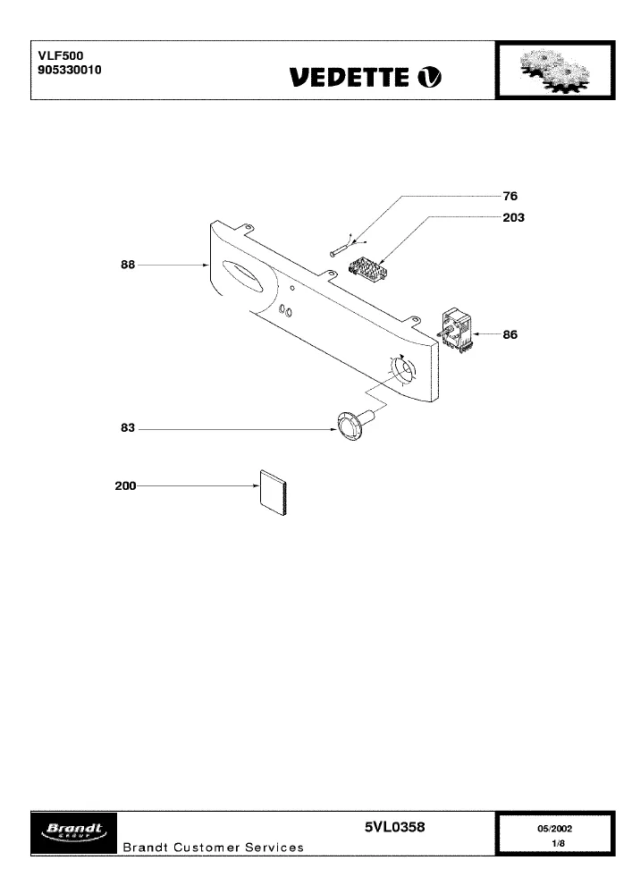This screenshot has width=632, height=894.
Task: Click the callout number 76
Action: click(510, 196)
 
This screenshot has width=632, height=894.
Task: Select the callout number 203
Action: click(513, 218)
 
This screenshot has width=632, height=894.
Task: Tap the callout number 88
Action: click(128, 265)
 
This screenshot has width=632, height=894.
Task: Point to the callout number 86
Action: click(510, 334)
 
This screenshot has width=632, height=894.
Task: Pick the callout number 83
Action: click(128, 427)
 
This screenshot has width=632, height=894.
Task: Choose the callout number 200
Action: click(125, 485)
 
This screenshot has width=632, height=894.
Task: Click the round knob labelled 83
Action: click(353, 424)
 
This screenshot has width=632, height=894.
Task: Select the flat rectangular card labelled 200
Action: click(273, 493)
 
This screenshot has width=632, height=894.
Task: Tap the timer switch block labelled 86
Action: click(457, 330)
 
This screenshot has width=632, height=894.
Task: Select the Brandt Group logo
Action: click(73, 833)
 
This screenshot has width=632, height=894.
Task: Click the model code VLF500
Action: click(61, 55)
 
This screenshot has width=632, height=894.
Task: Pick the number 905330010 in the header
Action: click(70, 70)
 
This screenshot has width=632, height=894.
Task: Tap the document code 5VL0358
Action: click(394, 827)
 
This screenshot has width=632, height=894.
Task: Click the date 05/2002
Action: click(554, 829)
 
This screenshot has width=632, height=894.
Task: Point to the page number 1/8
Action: click(558, 843)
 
